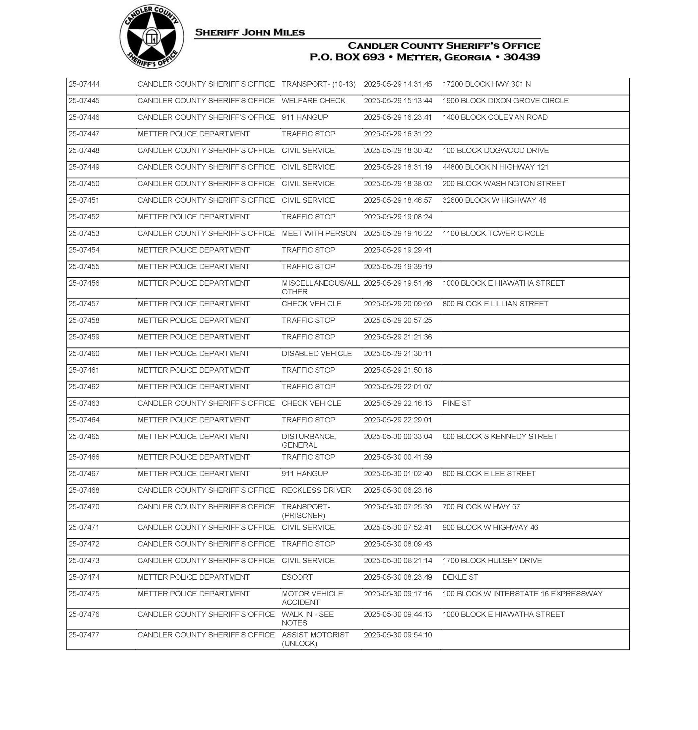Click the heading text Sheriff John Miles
[250, 33]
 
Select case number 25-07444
[84, 84]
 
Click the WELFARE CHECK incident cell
[313, 101]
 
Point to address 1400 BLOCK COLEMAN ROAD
[495, 117]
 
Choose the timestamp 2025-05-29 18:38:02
[398, 184]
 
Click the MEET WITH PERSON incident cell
[319, 233]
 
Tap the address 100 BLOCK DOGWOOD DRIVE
[495, 150]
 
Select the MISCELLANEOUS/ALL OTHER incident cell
[320, 287]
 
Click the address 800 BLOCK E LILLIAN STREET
[495, 304]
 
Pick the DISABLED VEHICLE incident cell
[317, 354]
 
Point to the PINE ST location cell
[457, 403]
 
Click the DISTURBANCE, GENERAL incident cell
[309, 441]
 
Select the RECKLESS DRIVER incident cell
[316, 490]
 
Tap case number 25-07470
[84, 507]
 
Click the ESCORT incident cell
[297, 577]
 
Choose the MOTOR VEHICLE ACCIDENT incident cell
[312, 598]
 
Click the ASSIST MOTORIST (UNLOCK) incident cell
[315, 639]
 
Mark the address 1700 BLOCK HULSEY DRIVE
[492, 561]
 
